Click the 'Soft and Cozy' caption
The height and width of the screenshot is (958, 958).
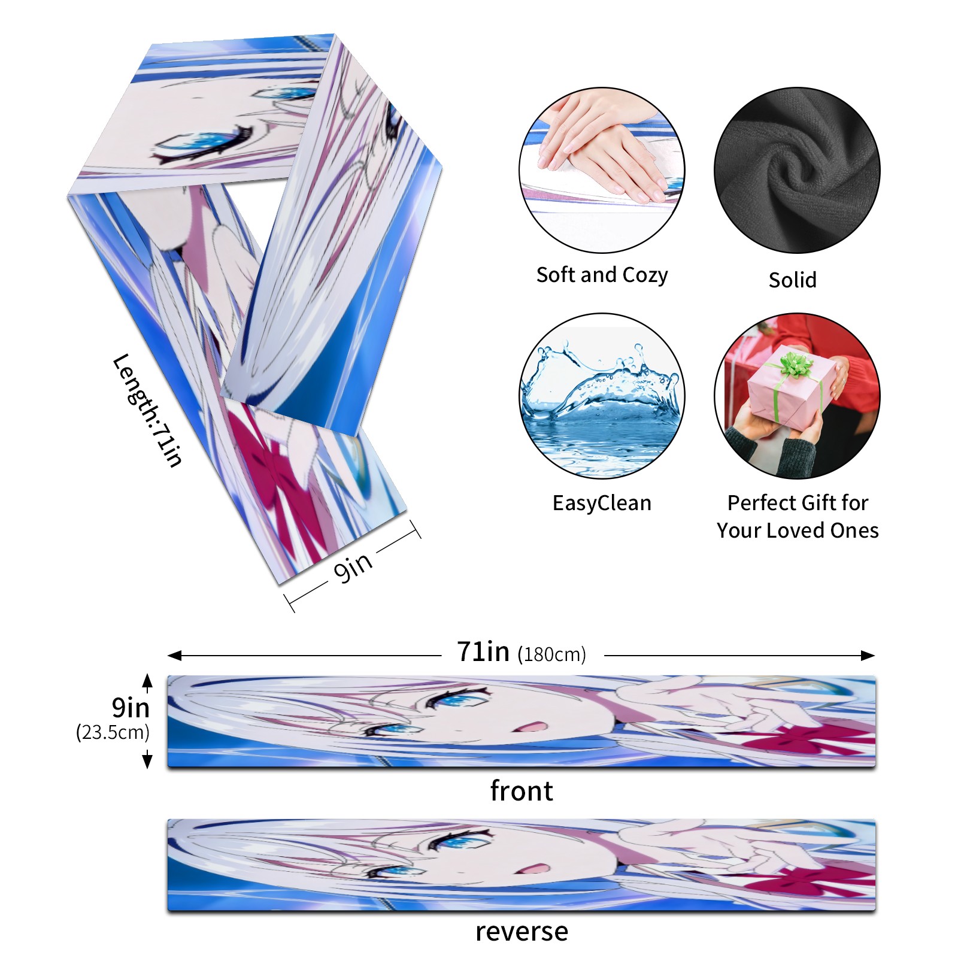602,275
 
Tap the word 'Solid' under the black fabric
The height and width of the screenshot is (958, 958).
792,280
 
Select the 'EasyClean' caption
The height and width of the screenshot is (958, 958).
602,503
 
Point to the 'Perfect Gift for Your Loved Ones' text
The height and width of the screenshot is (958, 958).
798,516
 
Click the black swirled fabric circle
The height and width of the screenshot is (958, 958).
797,170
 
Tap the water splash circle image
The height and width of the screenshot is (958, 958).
602,396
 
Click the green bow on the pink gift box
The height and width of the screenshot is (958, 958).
795,364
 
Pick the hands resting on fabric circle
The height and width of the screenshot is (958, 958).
602,170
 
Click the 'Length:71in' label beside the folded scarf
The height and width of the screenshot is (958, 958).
147,410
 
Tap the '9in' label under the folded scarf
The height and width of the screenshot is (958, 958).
353,566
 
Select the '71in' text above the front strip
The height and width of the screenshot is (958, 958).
483,651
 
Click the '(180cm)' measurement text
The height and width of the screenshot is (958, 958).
551,654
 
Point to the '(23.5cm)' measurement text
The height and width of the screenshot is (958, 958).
113,732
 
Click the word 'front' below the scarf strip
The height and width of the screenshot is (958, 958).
522,791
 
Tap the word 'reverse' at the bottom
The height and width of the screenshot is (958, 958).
522,932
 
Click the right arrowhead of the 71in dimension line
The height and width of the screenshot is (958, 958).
869,656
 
